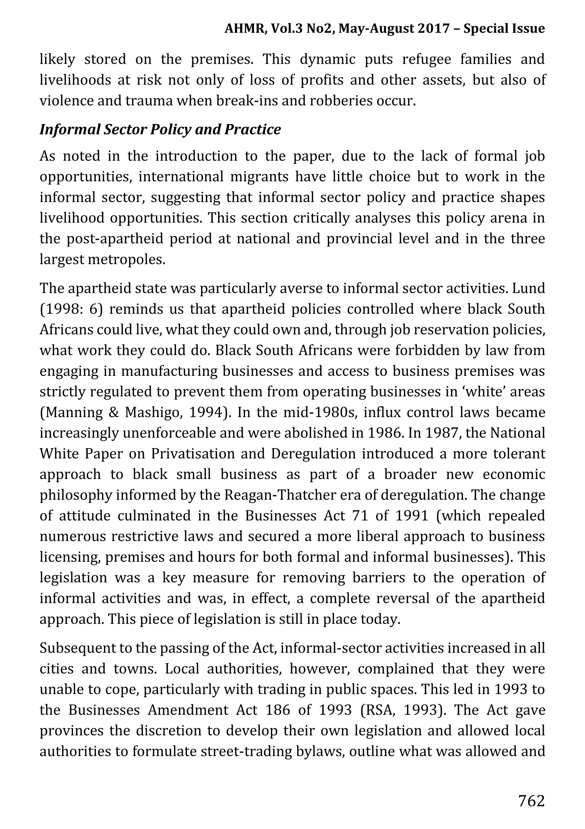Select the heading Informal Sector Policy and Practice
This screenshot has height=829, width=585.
coord(160,129)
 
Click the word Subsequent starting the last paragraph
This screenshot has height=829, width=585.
coord(77,648)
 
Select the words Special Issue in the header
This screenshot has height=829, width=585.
coord(504,29)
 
